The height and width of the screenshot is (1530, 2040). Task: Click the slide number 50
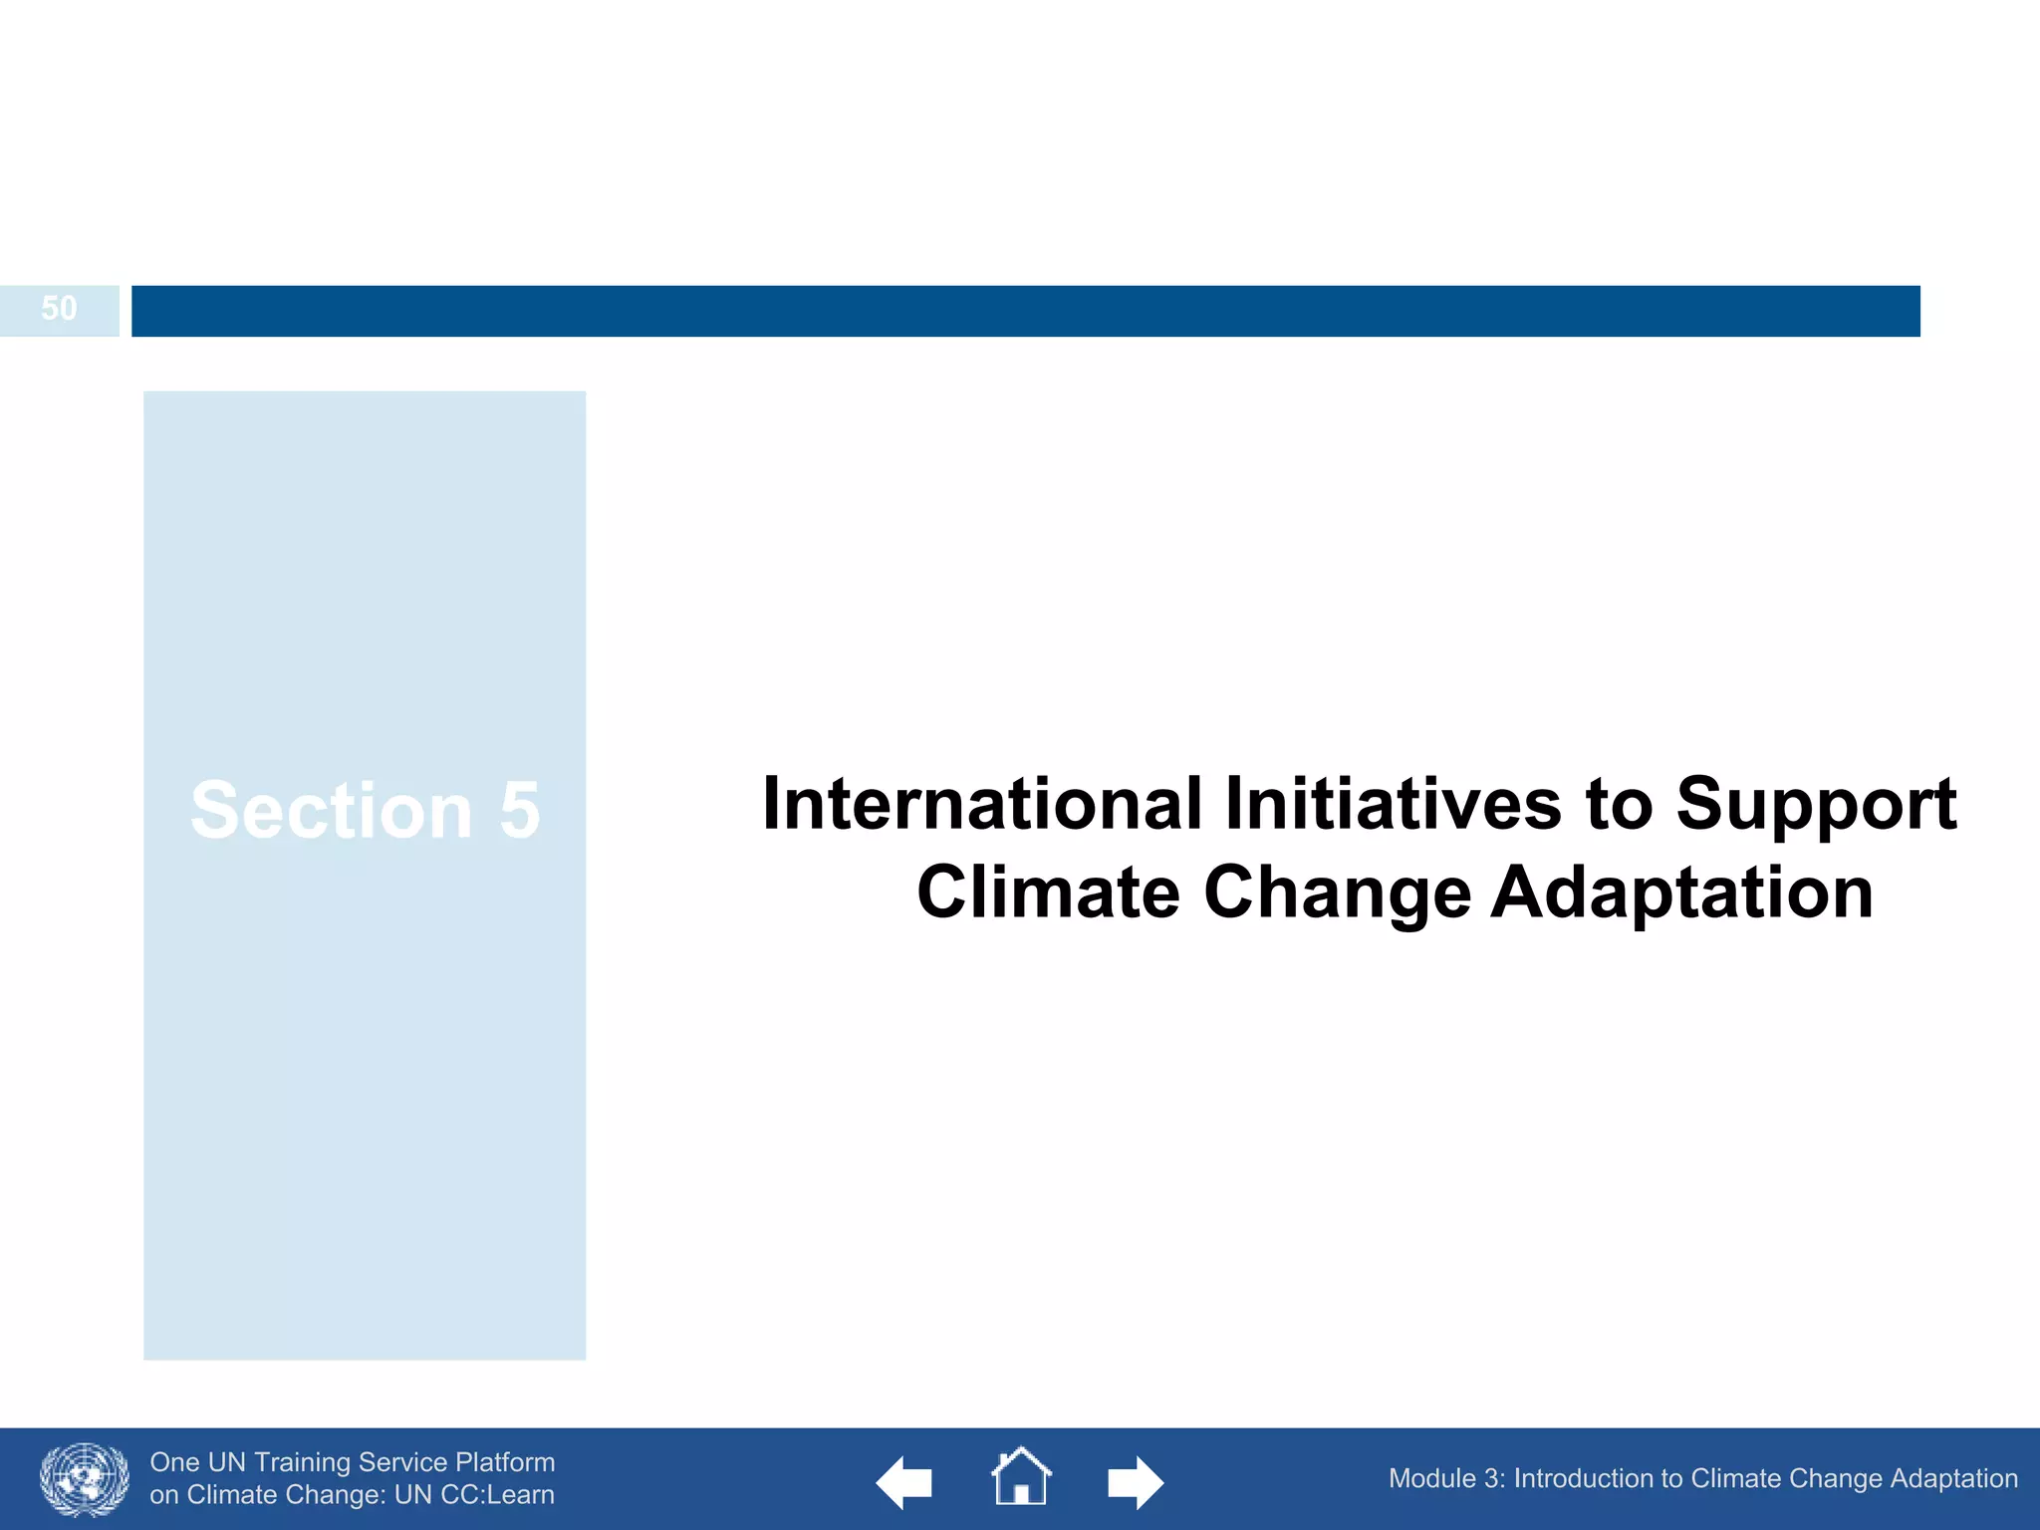59,309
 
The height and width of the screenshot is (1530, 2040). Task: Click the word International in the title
982,804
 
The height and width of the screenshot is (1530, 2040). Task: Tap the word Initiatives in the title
1393,804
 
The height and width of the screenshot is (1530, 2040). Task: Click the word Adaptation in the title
1681,892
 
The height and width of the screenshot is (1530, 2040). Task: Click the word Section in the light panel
331,811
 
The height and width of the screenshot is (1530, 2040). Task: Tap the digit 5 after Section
519,811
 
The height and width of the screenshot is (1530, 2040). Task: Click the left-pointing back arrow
903,1482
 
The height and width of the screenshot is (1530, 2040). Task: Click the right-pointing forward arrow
1135,1482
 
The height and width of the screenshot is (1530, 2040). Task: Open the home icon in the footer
1020,1476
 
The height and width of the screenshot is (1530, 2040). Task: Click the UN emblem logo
84,1479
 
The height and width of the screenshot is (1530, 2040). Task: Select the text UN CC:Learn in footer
474,1495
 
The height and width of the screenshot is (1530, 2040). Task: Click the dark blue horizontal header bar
1025,311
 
